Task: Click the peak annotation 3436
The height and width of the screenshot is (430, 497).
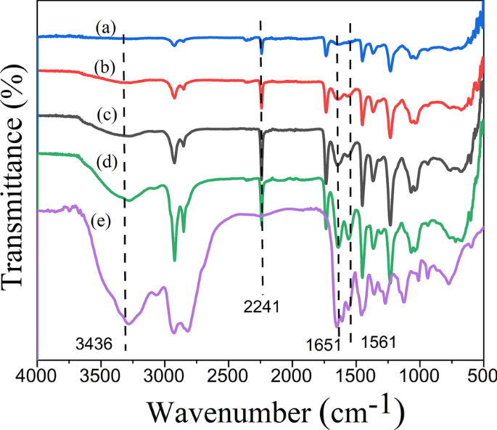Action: pos(94,346)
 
